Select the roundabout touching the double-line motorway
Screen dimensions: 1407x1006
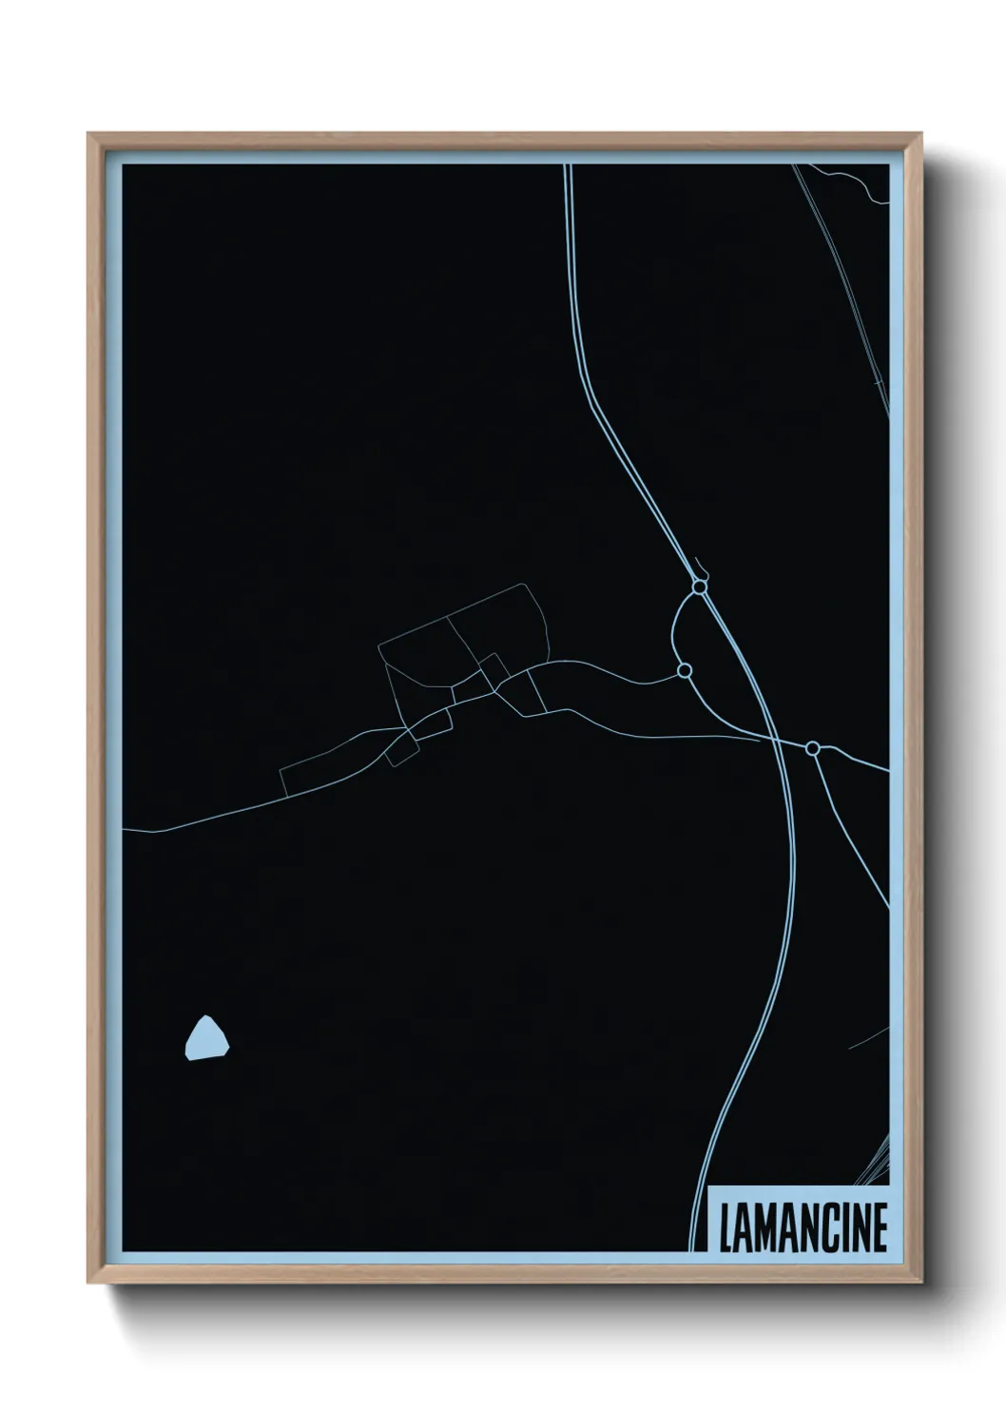coord(700,588)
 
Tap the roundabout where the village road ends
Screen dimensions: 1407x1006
coord(684,671)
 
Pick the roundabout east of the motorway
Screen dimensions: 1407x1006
coord(812,749)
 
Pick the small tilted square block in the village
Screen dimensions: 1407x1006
coord(493,669)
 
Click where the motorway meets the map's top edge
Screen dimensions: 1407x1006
coord(569,167)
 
